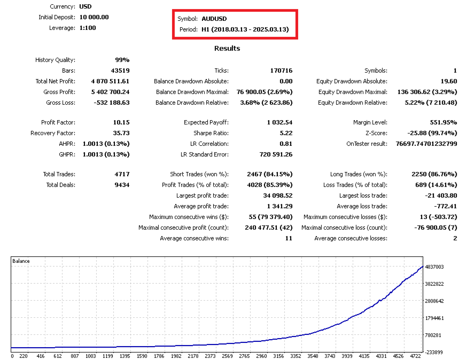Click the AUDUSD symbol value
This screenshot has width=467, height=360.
[214, 19]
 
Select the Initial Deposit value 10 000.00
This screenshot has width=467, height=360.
[94, 17]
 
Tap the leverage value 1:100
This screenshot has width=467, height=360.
[88, 28]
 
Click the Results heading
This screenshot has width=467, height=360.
[227, 49]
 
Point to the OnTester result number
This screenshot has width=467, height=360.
[426, 144]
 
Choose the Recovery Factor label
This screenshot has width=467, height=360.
[53, 133]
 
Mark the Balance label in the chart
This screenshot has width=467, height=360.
[21, 261]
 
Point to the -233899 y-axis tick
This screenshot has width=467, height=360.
[433, 353]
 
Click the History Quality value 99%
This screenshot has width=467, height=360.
[122, 60]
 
